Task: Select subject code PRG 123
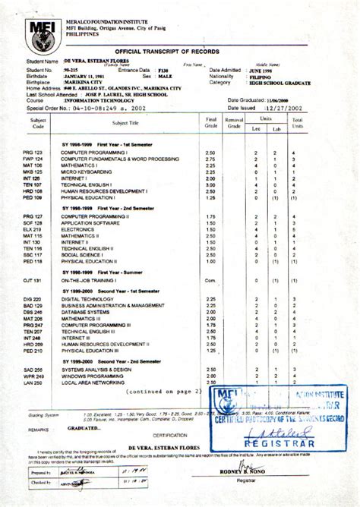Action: pyautogui.click(x=33, y=153)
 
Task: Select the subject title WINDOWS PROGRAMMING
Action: pyautogui.click(x=96, y=376)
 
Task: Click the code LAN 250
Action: pyautogui.click(x=33, y=383)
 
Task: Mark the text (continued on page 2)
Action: pyautogui.click(x=161, y=392)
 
